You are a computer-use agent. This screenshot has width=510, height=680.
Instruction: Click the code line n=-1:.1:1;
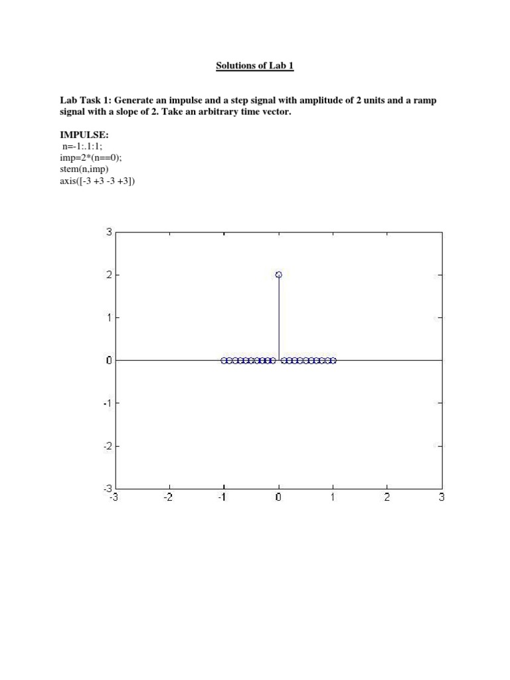[83, 146]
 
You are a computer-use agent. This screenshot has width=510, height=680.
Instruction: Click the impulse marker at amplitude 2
[279, 274]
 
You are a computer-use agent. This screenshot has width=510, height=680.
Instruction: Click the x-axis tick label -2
[168, 497]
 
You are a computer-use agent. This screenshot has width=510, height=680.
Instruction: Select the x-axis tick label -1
[222, 497]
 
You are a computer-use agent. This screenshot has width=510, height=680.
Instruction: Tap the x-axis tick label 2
[387, 497]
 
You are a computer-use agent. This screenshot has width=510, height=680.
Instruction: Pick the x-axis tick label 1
[333, 497]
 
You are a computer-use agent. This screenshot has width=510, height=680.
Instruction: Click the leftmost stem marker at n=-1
[224, 361]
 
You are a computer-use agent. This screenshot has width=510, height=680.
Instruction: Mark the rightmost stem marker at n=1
[333, 361]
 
